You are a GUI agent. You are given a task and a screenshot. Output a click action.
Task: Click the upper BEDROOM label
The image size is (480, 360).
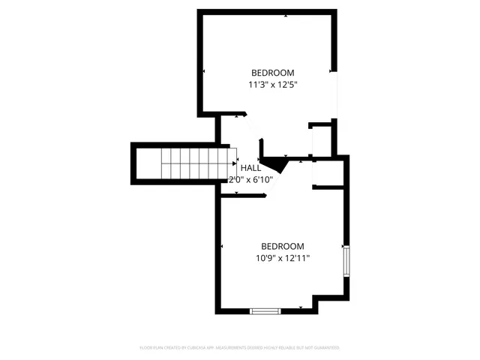272,73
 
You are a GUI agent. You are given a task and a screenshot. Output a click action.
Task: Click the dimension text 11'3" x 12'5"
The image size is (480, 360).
272,85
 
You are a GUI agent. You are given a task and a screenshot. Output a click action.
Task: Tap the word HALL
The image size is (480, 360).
250,168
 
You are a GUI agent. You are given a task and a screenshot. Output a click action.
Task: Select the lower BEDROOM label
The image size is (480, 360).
282,246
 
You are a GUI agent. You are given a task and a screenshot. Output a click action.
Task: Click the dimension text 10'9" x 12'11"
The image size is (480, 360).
282,258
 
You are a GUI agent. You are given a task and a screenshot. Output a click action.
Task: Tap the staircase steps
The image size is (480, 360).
192,164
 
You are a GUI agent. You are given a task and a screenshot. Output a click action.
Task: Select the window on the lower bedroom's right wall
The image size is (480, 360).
346,260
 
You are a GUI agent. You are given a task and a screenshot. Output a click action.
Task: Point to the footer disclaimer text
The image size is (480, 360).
240,348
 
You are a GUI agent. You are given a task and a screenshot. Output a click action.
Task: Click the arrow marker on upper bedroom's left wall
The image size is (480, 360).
205,71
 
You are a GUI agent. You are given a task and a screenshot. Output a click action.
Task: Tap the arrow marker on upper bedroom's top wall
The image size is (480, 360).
286,15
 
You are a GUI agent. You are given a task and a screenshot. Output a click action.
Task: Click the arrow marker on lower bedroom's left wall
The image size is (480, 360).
222,246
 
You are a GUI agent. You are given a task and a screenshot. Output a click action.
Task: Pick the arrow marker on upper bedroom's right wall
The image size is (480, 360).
332,72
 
